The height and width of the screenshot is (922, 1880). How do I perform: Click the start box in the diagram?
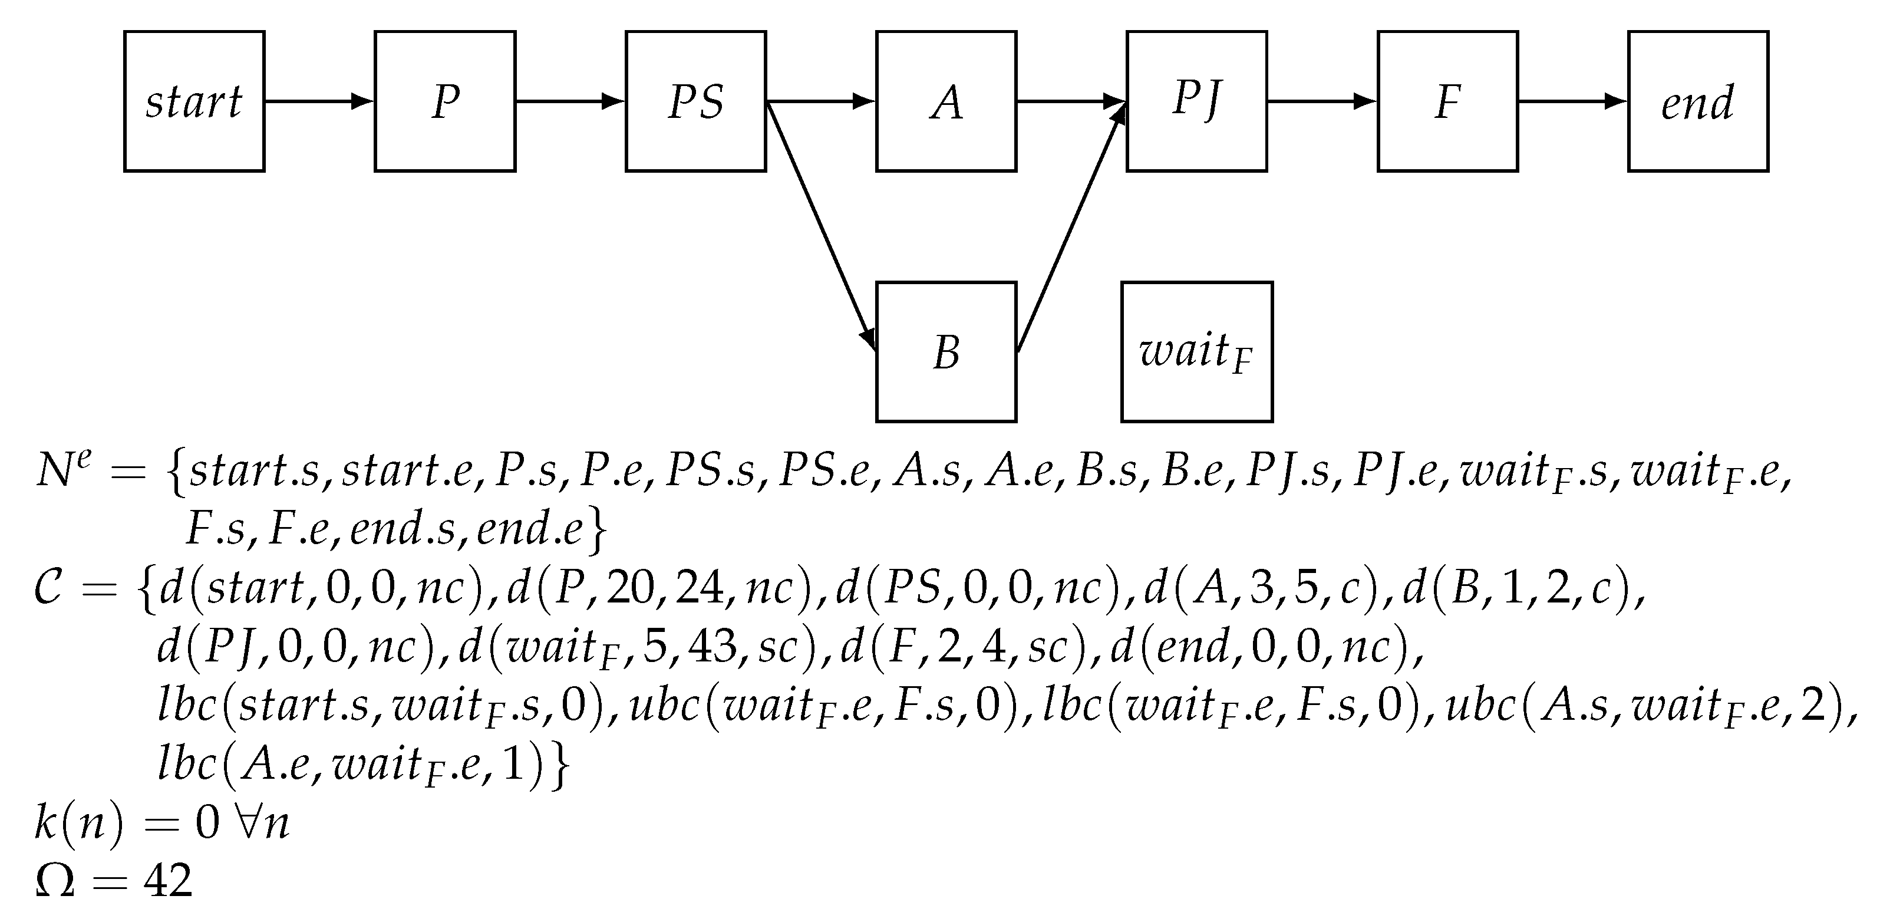click(194, 101)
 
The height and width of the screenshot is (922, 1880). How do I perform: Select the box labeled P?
click(445, 101)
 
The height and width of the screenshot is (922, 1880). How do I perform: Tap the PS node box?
click(695, 101)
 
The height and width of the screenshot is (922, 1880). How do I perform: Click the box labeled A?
click(946, 101)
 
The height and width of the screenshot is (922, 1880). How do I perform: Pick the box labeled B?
click(946, 352)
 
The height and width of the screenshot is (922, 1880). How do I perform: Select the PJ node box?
click(1196, 101)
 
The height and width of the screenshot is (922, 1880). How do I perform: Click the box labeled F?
click(1447, 101)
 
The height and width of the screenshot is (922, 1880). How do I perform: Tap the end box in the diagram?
click(1697, 101)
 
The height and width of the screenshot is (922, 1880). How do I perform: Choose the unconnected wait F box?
click(1197, 352)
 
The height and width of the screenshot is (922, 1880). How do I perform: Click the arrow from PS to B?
click(820, 226)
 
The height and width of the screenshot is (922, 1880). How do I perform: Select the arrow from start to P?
click(319, 101)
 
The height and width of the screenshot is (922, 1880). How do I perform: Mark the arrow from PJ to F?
click(1322, 101)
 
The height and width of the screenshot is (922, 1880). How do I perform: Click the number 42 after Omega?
click(169, 880)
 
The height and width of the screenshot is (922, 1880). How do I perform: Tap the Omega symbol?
click(55, 880)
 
